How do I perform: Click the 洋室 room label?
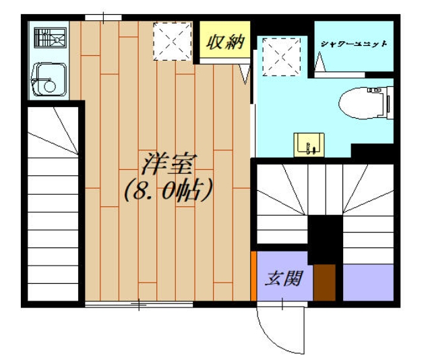point(168,164)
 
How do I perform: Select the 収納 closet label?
point(223,43)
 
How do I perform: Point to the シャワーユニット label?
point(354,44)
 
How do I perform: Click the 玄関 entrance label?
point(281,276)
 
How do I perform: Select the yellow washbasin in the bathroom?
point(309,144)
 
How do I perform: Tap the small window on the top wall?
point(103,17)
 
